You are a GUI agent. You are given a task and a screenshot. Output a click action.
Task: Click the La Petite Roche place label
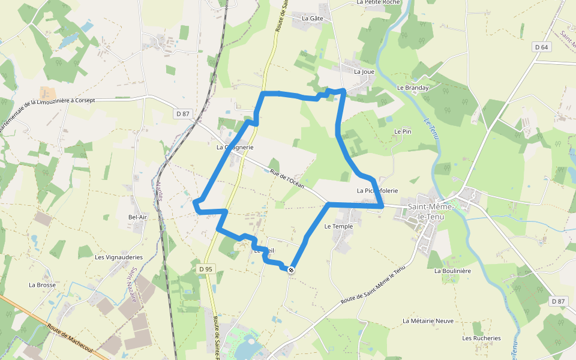[377, 2]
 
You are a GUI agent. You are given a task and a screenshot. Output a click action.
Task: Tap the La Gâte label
[313, 19]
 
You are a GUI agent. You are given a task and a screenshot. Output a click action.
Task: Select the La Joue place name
[364, 72]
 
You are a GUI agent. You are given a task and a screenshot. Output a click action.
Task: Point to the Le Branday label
[413, 88]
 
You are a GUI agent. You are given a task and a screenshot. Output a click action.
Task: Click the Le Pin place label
[403, 131]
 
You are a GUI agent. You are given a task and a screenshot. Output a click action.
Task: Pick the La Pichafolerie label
[377, 191]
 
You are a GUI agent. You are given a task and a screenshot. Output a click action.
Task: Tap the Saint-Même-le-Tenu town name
[431, 211]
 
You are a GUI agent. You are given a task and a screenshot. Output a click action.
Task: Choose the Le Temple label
[338, 227]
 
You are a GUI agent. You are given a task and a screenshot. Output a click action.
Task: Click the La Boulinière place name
[452, 271]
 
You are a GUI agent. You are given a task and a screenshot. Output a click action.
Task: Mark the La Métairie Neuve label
[428, 321]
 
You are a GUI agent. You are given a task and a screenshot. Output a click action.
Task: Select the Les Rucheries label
[481, 338]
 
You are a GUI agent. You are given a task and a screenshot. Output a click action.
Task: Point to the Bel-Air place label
[137, 217]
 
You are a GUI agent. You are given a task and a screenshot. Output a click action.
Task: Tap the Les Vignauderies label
[119, 257]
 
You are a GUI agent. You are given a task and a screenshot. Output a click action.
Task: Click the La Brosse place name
[42, 285]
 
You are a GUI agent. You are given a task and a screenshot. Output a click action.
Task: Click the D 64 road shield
[541, 47]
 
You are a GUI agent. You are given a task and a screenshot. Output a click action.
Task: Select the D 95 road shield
[205, 269]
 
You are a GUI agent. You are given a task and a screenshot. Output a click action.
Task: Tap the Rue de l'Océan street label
[288, 178]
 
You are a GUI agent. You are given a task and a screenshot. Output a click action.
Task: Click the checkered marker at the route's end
[291, 270]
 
